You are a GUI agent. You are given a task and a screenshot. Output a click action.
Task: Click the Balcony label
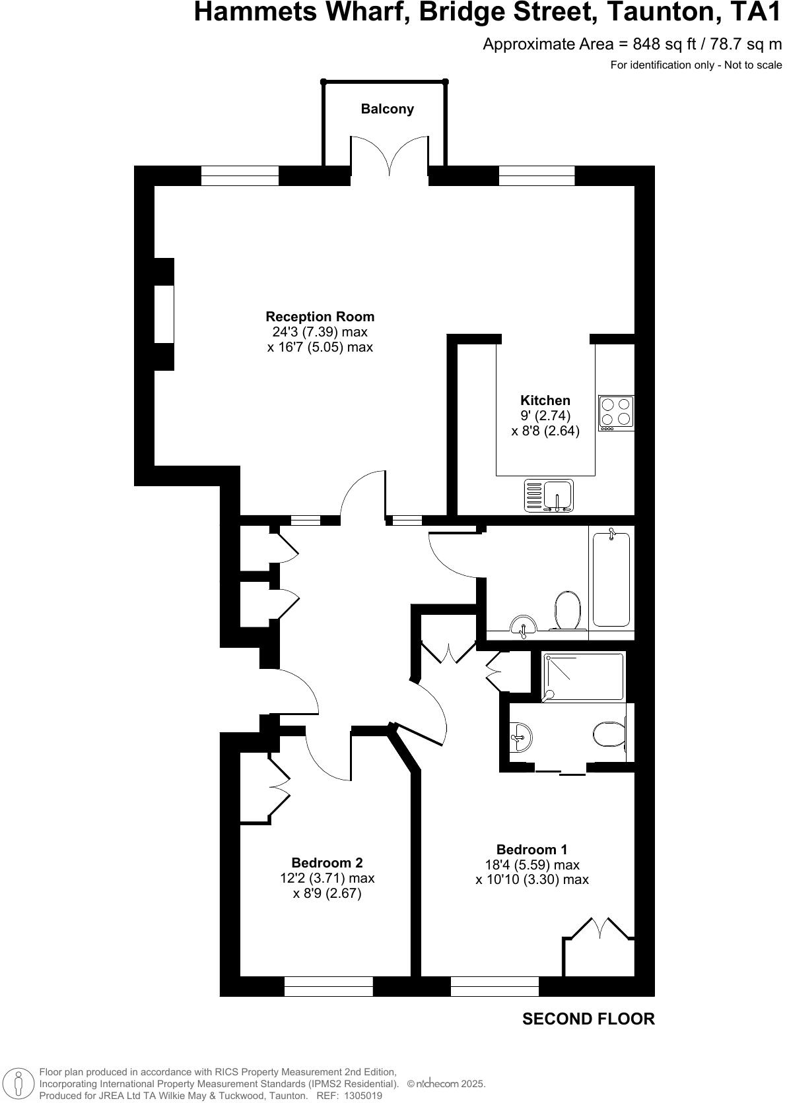pos(387,109)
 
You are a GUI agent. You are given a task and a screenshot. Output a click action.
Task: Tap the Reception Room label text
pos(320,317)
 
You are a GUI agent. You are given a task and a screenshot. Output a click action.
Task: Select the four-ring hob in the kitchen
pos(616,412)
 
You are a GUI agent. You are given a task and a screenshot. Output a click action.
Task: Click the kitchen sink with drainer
pos(549,495)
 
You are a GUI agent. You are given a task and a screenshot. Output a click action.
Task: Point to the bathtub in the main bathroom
pos(611,580)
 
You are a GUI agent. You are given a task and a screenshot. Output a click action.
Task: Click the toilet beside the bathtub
pos(567,610)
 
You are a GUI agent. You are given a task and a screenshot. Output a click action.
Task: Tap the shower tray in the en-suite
pos(583,676)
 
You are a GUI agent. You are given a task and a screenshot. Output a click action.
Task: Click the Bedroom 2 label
pos(327,863)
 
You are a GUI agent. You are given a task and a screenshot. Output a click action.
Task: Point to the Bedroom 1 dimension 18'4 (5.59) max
pos(532,865)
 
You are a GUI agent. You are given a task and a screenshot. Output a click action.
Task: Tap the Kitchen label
pos(545,400)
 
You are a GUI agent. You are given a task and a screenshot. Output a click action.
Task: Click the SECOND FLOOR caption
pos(588,1019)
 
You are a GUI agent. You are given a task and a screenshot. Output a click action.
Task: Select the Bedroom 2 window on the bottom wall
pos(329,986)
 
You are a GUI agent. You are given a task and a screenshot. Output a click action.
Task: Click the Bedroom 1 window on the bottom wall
pos(495,986)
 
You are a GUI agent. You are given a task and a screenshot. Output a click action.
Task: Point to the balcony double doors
pos(389,155)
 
